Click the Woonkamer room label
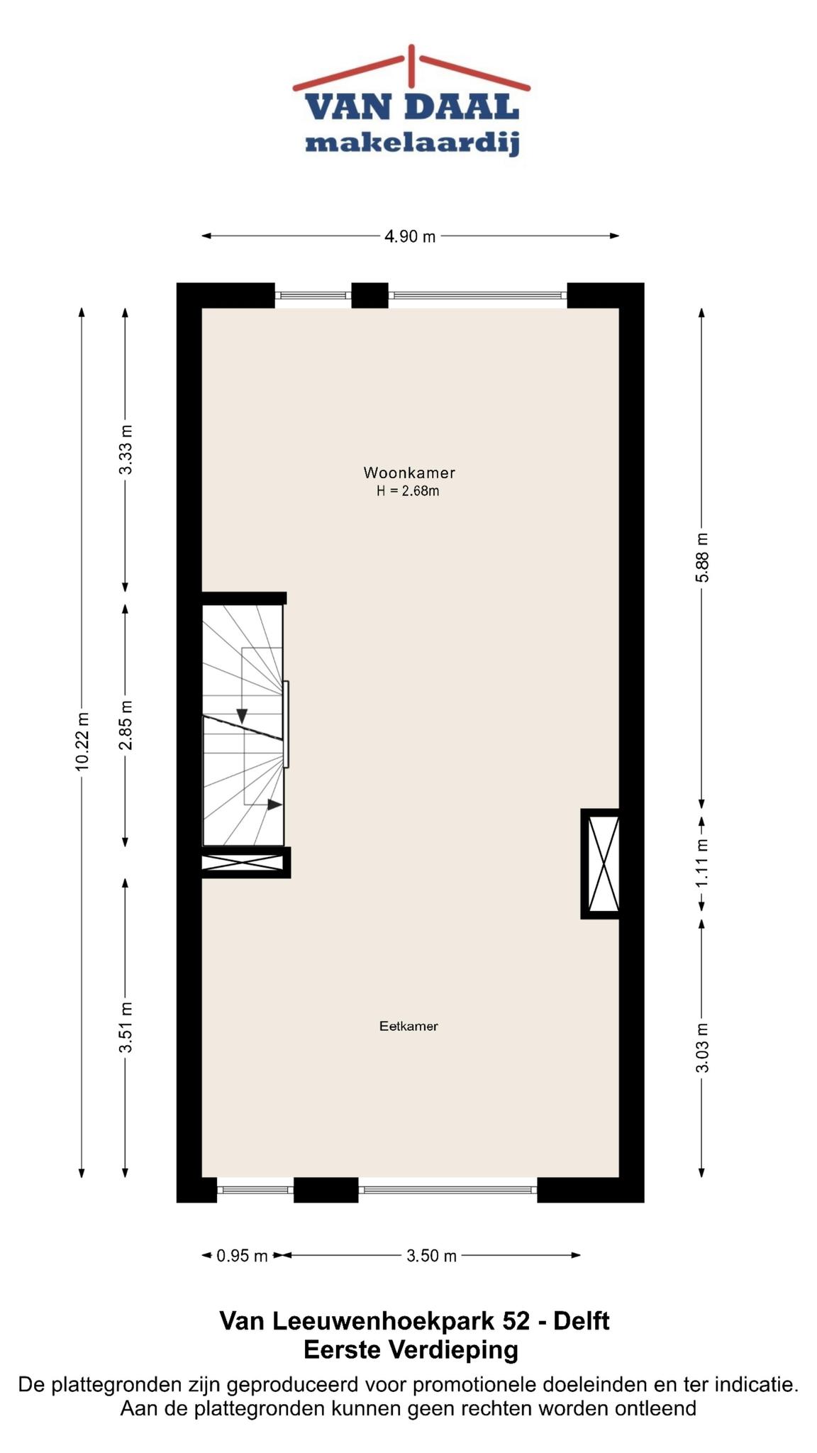coord(409,473)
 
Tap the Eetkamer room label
coord(408,1026)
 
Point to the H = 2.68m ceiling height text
coord(408,491)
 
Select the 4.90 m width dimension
coord(410,236)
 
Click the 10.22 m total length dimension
coord(82,741)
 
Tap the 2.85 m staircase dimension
coord(126,725)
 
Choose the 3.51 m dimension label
coord(126,1028)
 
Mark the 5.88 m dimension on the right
coord(701,558)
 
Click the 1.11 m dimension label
coord(701,863)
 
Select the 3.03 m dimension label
coord(701,1049)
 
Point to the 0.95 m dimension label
coord(242,1256)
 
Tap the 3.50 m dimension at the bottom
coord(431,1256)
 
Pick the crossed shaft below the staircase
coord(245,863)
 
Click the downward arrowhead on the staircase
coord(242,717)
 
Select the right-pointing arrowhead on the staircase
coord(275,805)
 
